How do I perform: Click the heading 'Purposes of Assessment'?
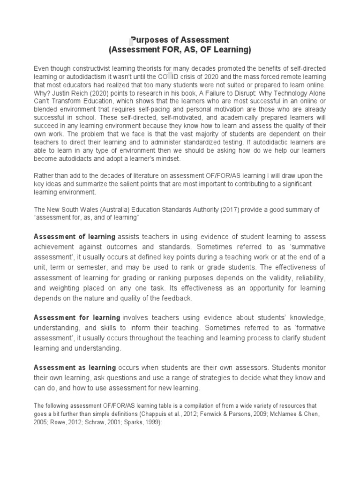coord(180,40)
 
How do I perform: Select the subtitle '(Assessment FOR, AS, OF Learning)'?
coord(180,50)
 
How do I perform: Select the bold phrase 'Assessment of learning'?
coord(75,237)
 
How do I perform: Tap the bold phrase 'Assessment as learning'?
coord(75,367)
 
